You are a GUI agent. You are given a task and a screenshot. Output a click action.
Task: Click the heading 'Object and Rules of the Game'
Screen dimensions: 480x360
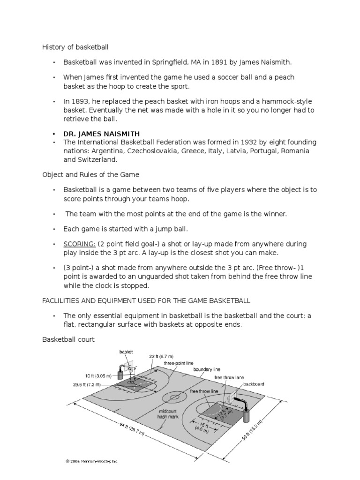(91, 175)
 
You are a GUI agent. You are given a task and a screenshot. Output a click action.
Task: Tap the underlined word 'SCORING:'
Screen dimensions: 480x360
(80, 244)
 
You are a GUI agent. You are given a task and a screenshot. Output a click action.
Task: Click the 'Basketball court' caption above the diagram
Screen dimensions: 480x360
(68, 339)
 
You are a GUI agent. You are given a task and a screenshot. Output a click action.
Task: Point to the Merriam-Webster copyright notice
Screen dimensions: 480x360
(92, 461)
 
